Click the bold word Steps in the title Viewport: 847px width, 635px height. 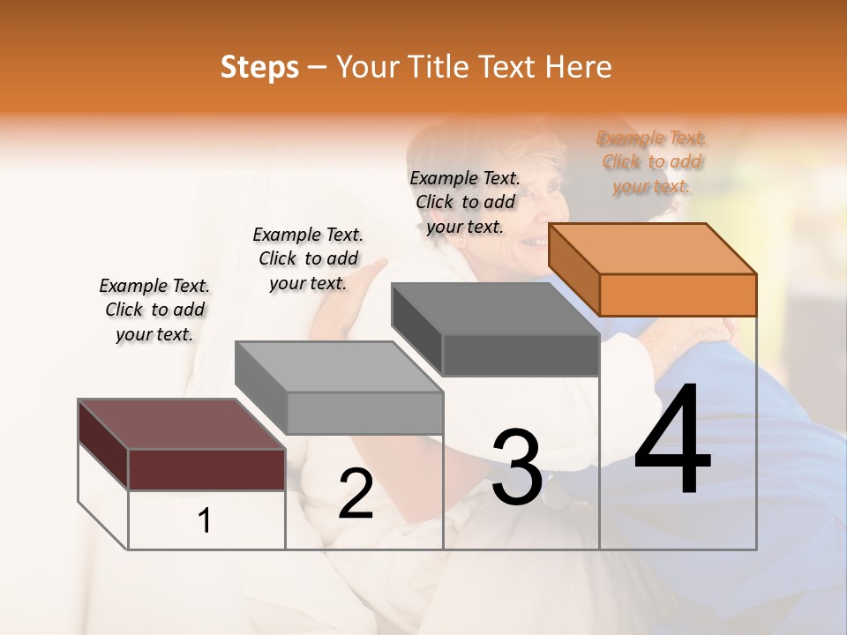point(259,67)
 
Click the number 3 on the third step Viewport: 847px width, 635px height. point(517,467)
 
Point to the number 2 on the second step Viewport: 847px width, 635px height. point(356,495)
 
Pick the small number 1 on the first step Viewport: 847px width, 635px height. point(205,521)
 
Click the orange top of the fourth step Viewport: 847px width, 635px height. point(653,248)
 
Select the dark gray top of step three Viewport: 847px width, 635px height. point(494,309)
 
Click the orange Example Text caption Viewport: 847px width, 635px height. point(652,161)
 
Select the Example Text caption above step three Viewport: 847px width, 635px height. point(465,202)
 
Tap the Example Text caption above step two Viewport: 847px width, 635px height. point(308,258)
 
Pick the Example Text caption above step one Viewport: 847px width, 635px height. point(154,310)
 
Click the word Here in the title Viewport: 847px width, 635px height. point(578,67)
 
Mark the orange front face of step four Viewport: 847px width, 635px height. point(678,295)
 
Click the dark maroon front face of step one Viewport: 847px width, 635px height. point(206,469)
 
